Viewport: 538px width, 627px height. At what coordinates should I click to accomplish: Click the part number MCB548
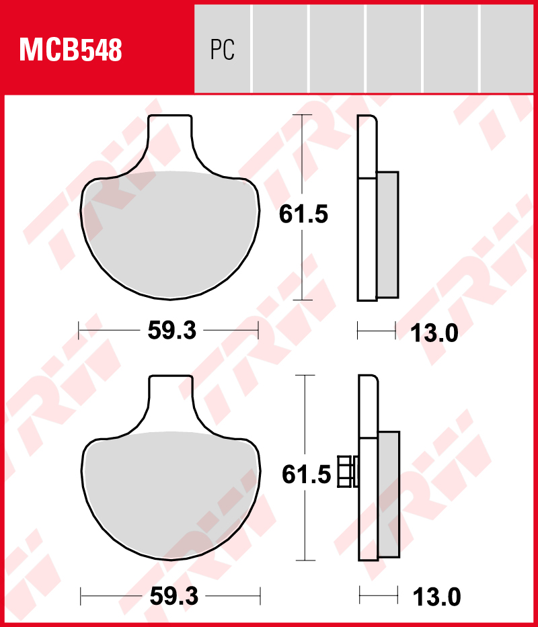[71, 50]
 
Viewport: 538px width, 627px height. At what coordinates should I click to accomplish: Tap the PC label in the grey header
[222, 50]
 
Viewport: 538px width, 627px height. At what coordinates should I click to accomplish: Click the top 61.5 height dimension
[303, 214]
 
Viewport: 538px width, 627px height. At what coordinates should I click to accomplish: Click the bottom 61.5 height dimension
[306, 475]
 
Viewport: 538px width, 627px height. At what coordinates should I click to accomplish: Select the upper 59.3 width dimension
[171, 331]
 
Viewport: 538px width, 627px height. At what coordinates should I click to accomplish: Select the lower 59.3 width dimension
[173, 595]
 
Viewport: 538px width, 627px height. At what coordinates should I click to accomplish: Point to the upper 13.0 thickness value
[434, 333]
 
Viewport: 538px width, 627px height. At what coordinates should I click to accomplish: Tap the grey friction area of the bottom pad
[171, 494]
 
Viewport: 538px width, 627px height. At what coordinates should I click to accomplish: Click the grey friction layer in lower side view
[388, 494]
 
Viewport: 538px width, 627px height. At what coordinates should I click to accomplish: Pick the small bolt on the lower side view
[347, 471]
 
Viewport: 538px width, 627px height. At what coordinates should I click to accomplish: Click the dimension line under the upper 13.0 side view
[377, 330]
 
